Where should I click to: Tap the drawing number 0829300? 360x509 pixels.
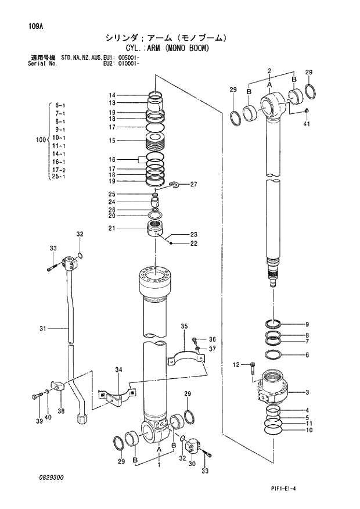[52, 477]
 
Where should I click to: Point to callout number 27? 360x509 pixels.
[194, 185]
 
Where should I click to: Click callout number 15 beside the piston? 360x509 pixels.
[111, 140]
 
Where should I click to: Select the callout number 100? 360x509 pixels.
[40, 140]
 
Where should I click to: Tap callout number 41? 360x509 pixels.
[306, 124]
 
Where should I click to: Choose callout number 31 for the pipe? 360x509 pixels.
[42, 329]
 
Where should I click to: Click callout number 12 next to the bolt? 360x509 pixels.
[236, 364]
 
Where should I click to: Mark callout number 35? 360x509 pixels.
[184, 327]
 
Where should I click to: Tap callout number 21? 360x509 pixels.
[111, 228]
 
